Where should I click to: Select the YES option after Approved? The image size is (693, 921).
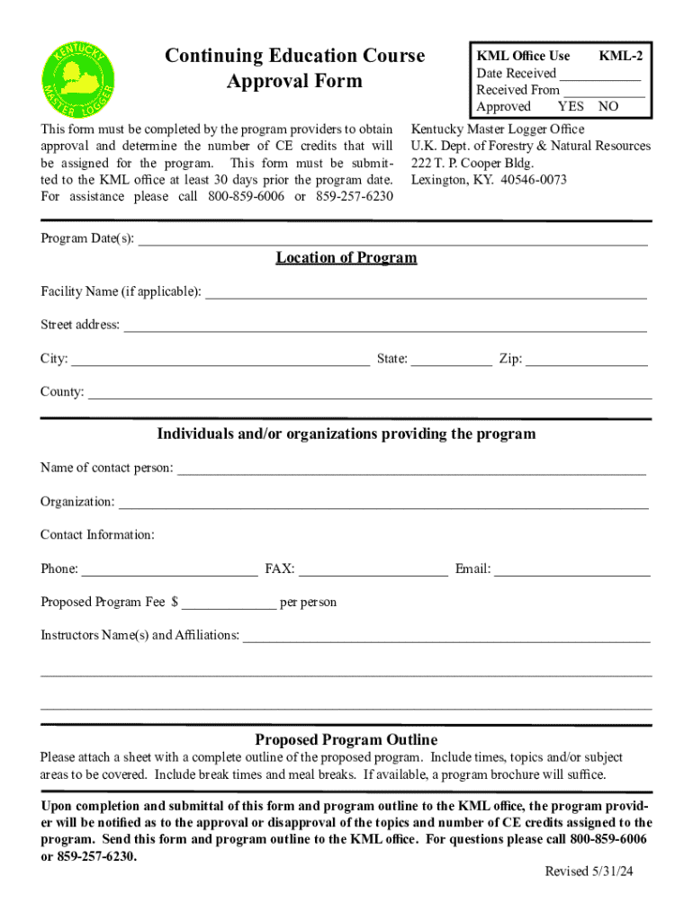[571, 106]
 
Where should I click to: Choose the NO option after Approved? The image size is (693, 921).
[608, 106]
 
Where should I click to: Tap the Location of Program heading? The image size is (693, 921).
[346, 258]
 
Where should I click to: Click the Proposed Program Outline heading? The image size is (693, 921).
[346, 739]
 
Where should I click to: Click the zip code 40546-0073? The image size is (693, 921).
[527, 180]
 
